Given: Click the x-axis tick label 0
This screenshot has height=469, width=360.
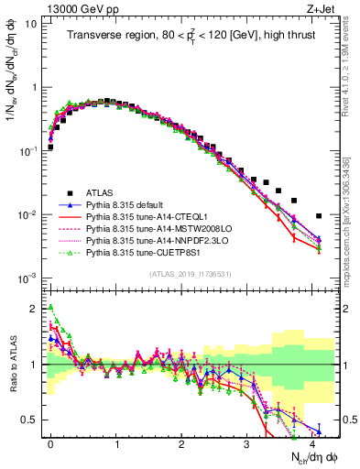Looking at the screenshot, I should click(51, 441).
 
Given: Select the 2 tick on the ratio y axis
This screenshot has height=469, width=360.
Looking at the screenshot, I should click(33, 308).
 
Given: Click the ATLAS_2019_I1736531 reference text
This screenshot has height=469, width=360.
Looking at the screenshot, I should click(183, 275).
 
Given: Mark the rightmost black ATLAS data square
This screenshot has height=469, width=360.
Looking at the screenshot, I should click(319, 216).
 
